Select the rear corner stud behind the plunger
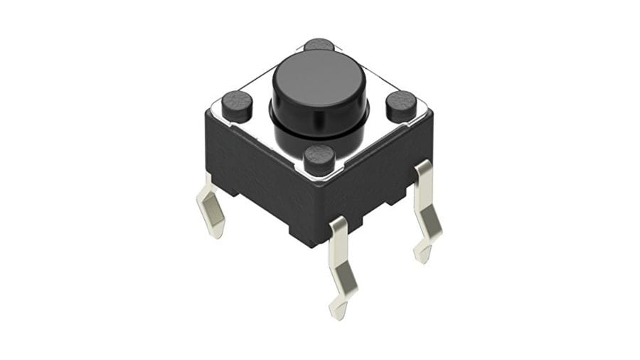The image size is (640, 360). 319,44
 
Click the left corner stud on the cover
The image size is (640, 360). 236,105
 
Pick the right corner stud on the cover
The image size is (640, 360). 401,105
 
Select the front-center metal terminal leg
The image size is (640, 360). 338,263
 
